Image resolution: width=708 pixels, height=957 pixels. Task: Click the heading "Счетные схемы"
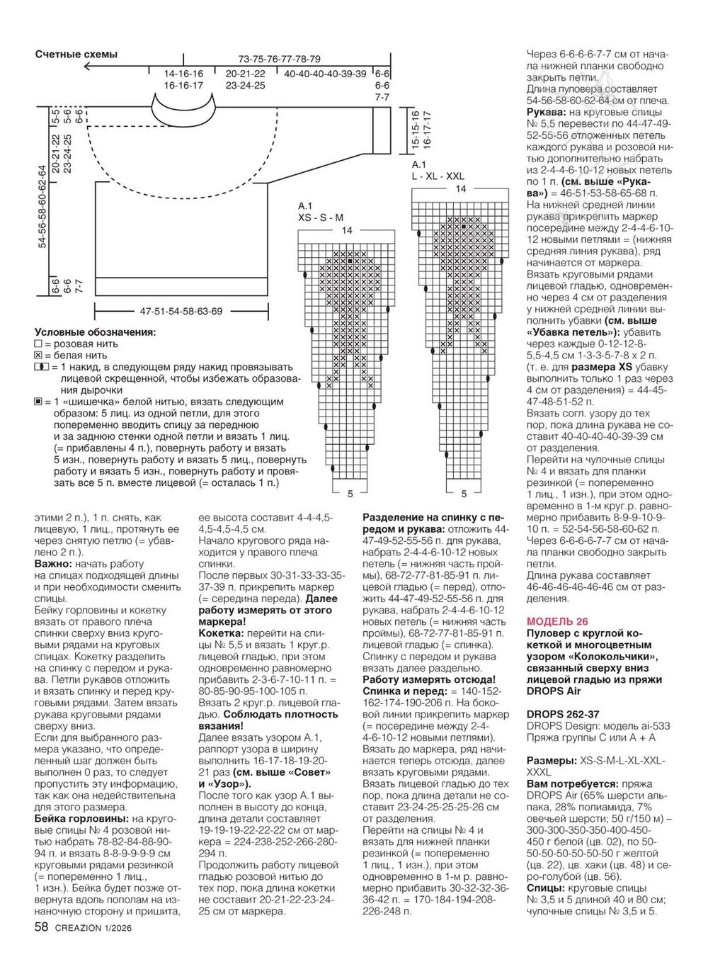click(76, 54)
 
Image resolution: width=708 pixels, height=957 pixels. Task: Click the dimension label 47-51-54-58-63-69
click(181, 311)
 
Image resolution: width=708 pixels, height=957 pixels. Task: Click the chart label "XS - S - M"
click(321, 217)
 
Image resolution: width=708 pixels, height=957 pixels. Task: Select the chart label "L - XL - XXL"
click(438, 175)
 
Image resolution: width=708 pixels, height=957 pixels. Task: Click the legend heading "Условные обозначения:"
click(96, 332)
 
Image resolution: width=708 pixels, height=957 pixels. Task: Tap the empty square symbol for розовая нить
click(38, 344)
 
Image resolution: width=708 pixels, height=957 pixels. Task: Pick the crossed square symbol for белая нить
click(38, 356)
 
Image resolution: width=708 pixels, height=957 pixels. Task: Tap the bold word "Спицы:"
click(546, 887)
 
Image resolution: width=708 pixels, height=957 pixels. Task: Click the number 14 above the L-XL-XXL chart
click(461, 189)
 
